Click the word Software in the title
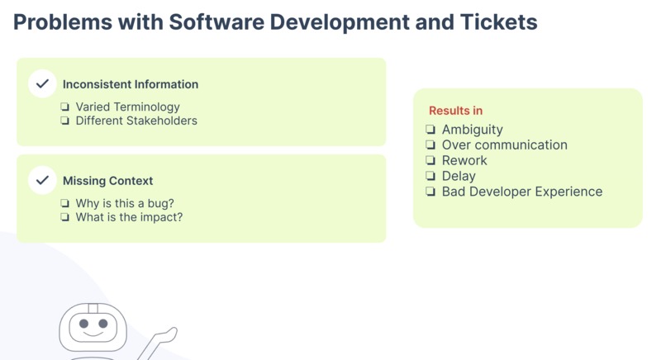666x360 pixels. [217, 22]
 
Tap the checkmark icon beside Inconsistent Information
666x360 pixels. [42, 84]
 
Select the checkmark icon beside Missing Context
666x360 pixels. [42, 180]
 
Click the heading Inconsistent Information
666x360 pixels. [131, 84]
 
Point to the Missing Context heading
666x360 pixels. [107, 181]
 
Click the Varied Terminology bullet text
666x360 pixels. [127, 107]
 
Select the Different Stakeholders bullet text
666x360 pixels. [136, 121]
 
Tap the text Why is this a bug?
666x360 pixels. [125, 203]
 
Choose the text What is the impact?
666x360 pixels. [129, 217]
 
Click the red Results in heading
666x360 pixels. [455, 111]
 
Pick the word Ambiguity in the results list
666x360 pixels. [472, 130]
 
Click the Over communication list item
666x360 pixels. [504, 145]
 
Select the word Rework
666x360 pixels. [464, 160]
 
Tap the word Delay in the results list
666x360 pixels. [459, 176]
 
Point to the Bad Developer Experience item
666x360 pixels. [521, 192]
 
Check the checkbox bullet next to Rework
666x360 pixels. [431, 161]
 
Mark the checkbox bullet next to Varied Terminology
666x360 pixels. [65, 107]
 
